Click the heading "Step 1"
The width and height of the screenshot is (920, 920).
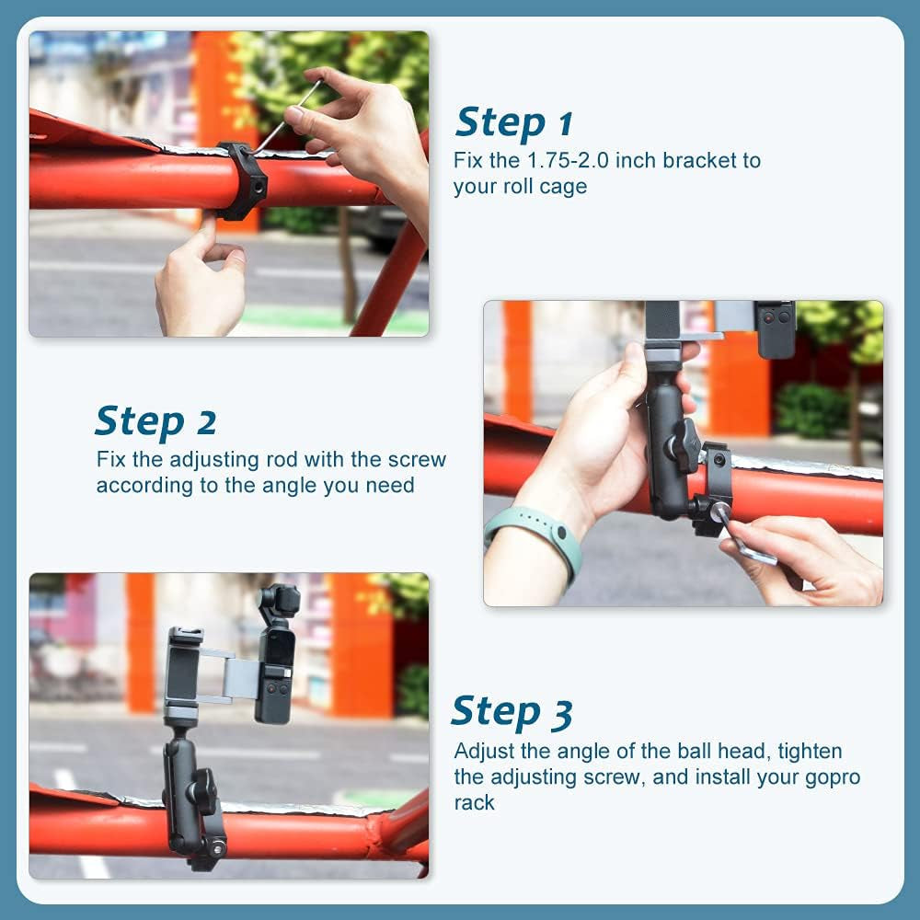click(x=514, y=121)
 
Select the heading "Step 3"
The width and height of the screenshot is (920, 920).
click(x=512, y=712)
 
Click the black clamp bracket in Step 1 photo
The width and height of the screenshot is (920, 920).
click(x=241, y=180)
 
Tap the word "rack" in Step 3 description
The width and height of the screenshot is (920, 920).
click(x=474, y=802)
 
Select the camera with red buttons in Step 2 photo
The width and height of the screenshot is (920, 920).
click(x=774, y=328)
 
